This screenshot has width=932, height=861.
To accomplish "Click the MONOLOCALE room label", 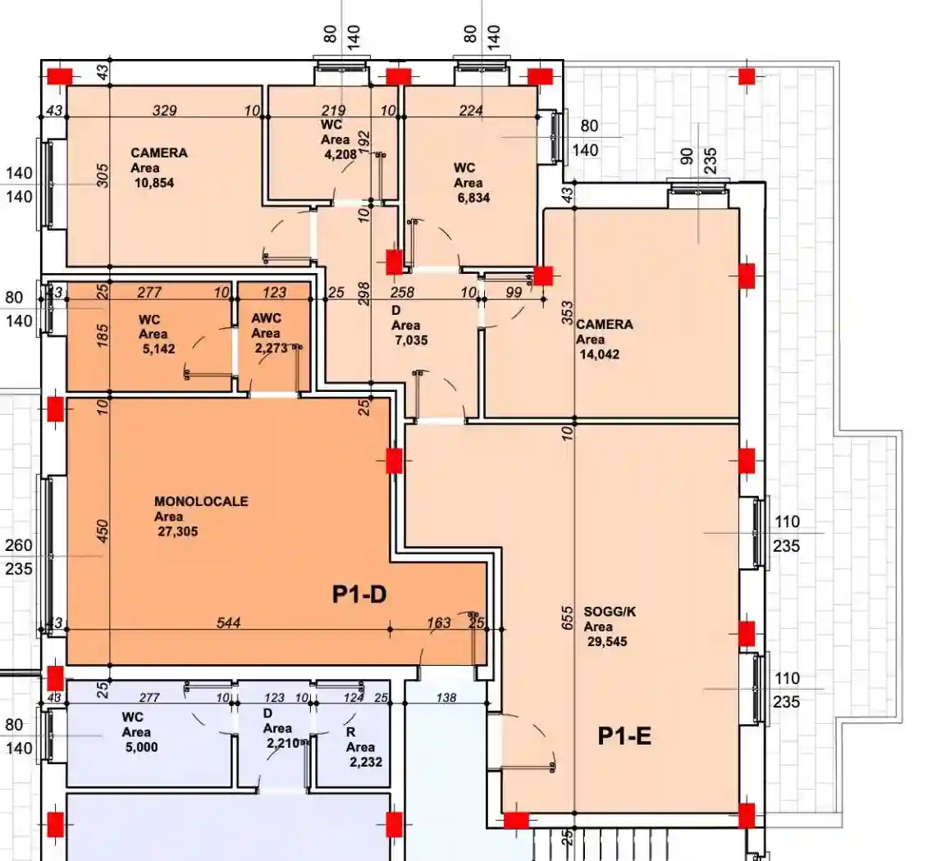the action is coord(201,502).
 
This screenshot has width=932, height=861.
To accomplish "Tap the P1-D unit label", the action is coord(359,594).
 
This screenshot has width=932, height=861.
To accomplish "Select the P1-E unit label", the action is coord(624,736).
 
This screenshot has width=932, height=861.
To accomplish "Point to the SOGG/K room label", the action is coord(610,612).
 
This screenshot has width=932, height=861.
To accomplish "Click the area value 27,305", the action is coord(178,532).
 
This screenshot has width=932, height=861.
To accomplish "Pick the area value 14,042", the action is coord(599,355).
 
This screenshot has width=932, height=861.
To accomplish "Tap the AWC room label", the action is coord(267,318).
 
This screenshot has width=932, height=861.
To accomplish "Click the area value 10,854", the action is coord(154,183).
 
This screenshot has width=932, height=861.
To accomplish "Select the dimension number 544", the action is coord(228,622).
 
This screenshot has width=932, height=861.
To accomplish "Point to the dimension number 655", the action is coord(567,618).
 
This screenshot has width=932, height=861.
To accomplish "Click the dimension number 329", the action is coord(165,111).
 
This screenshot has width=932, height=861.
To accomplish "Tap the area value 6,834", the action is coord(473,198).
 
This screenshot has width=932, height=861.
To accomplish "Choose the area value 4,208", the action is coord(340,155).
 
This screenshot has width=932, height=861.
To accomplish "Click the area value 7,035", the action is coord(411,340).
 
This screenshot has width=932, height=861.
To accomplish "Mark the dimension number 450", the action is coord(103,531).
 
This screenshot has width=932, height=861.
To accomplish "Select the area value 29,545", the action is coord(607,642).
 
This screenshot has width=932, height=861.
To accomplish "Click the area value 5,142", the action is coord(158,348).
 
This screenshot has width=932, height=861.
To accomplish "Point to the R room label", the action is coord(350,732).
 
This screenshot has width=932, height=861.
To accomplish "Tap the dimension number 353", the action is coord(567,313).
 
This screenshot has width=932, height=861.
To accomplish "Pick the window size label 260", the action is coord(18,545).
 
